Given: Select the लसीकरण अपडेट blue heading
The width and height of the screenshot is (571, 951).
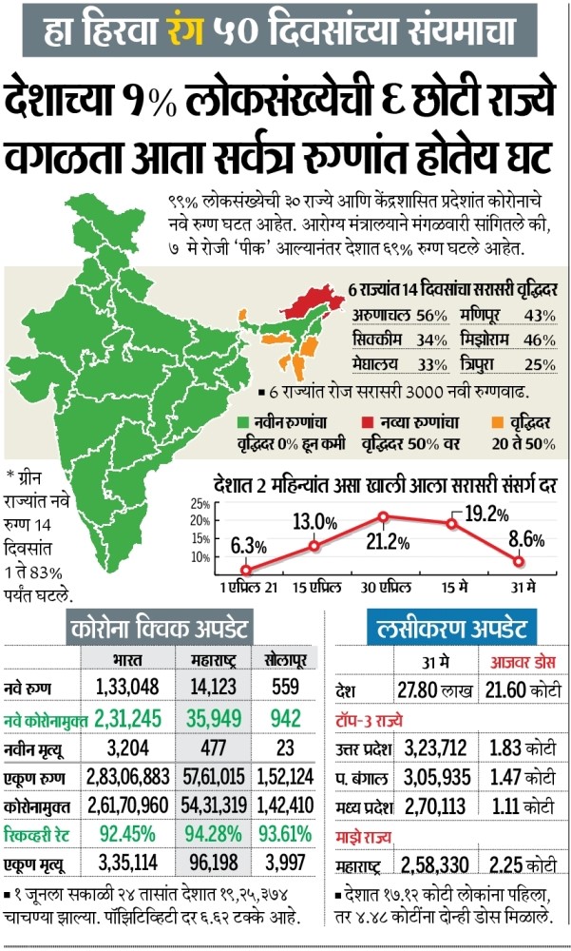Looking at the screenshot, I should tap(451, 628).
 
